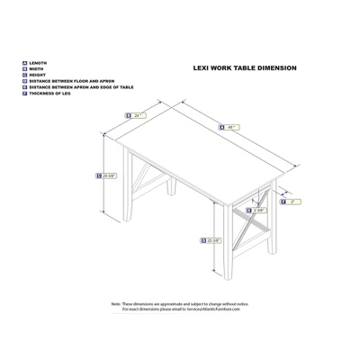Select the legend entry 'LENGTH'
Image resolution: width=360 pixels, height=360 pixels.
(39, 63)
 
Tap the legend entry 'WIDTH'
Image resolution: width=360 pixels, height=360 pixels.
(37, 69)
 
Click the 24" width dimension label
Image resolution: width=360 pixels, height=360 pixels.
(139, 115)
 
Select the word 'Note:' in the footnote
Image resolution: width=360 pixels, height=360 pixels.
(116, 304)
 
